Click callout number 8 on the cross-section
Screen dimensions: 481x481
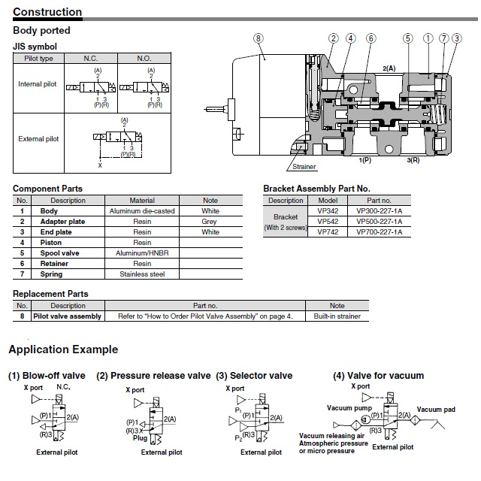point(259,38)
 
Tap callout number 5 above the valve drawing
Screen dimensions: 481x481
point(407,38)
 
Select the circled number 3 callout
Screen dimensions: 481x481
point(457,38)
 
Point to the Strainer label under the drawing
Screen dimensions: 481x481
point(304,167)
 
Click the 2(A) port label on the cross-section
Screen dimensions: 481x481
point(389,68)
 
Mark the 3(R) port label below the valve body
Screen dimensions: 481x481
point(413,160)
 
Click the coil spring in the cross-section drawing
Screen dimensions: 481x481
point(437,115)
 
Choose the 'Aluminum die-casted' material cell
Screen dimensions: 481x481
point(142,211)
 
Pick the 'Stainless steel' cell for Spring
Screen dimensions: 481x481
point(142,274)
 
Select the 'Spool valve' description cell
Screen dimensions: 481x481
point(59,253)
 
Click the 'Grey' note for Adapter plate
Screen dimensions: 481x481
point(209,222)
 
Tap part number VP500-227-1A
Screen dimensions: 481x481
point(379,222)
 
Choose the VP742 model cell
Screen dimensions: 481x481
point(328,232)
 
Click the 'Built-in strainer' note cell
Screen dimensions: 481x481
point(337,316)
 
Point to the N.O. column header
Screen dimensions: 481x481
point(144,59)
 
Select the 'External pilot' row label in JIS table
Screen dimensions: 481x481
point(38,139)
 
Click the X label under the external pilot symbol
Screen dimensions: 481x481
point(100,165)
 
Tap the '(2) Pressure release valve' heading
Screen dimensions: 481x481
point(153,376)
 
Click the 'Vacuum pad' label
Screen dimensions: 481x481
point(436,410)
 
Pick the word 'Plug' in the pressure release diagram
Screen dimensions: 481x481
point(140,438)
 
